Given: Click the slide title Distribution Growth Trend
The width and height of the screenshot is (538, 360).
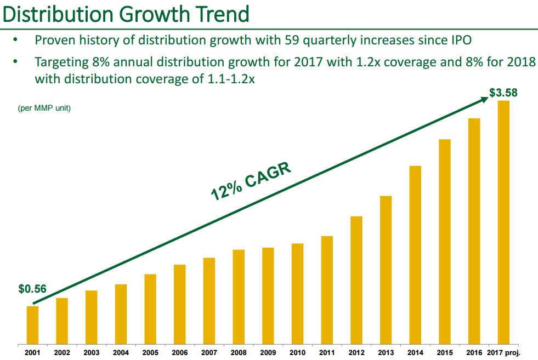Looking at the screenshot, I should click(126, 14).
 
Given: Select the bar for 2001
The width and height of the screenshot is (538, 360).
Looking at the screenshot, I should click(33, 325).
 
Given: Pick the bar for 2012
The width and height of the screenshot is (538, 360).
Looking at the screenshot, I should click(356, 280).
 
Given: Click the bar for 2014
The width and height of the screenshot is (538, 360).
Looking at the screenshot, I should click(415, 255).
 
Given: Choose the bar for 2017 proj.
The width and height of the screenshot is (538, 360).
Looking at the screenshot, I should click(503, 222).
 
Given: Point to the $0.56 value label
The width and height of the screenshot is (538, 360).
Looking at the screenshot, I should click(32, 289).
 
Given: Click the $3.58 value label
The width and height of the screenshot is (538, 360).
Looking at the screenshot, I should click(503, 93).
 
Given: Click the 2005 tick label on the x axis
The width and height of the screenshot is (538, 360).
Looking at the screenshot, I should click(150, 353).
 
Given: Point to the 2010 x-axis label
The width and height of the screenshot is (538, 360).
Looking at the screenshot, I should click(298, 353).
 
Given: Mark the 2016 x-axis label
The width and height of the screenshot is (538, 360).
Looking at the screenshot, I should click(474, 353).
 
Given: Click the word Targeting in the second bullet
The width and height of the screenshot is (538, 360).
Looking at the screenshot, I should click(62, 62).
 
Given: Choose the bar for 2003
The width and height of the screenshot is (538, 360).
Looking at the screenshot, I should click(92, 317).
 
